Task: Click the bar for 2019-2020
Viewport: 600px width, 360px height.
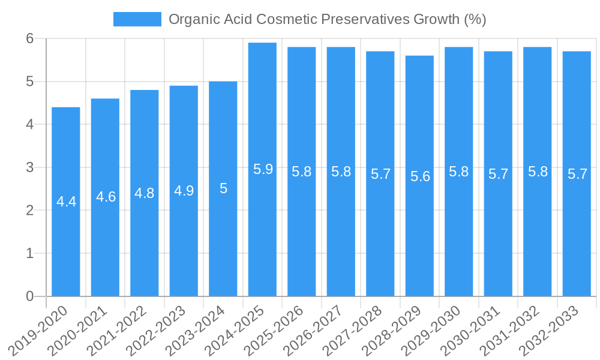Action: pyautogui.click(x=66, y=202)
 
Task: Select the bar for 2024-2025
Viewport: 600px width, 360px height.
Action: pyautogui.click(x=262, y=169)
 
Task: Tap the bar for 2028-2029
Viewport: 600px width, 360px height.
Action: pyautogui.click(x=419, y=176)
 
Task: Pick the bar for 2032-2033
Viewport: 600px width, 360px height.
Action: pyautogui.click(x=577, y=174)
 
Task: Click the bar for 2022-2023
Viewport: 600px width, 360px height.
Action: pyautogui.click(x=184, y=191)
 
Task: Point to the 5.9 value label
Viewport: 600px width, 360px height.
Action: pyautogui.click(x=263, y=169)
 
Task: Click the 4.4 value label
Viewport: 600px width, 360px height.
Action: pyautogui.click(x=67, y=202)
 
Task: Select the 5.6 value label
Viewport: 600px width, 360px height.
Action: pyautogui.click(x=420, y=176)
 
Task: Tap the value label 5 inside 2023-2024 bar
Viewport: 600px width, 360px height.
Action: pyautogui.click(x=223, y=188)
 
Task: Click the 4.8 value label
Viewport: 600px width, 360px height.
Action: pyautogui.click(x=145, y=193)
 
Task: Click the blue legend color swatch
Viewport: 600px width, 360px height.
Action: pyautogui.click(x=137, y=19)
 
